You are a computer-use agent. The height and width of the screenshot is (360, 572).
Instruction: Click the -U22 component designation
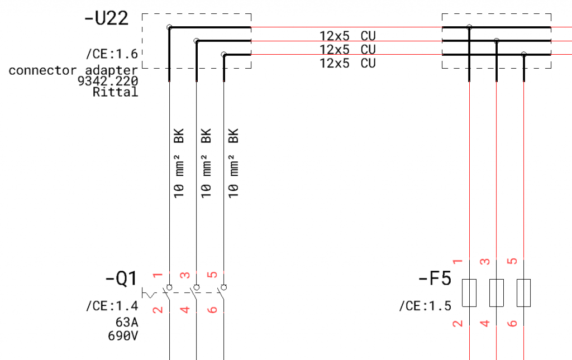[106, 18]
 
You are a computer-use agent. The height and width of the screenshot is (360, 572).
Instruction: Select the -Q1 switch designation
[121, 278]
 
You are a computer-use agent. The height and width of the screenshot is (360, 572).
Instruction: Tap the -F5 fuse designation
[434, 278]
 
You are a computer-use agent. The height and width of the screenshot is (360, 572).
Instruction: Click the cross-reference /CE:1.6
[111, 54]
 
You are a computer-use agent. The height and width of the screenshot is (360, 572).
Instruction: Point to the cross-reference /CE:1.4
[111, 305]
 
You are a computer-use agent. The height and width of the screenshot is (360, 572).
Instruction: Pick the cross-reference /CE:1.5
[425, 305]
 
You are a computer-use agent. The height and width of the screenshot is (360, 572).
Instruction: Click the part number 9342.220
[108, 81]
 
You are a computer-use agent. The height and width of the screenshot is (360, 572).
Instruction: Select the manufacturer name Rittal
[115, 92]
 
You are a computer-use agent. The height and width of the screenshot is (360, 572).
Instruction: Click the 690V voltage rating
[122, 336]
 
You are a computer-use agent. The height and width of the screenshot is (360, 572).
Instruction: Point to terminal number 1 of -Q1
[158, 275]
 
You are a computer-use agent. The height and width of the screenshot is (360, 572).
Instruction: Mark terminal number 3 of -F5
[485, 261]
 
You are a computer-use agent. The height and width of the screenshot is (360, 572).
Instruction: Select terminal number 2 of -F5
[458, 323]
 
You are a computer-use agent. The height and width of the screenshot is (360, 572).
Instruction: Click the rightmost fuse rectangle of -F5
[523, 292]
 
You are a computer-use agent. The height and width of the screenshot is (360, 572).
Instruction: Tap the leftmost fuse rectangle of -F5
[469, 292]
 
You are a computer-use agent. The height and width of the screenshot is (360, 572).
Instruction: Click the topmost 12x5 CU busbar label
[347, 36]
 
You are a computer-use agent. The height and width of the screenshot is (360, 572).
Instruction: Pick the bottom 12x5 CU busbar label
[347, 63]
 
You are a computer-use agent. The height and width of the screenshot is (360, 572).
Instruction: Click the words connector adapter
[73, 70]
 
